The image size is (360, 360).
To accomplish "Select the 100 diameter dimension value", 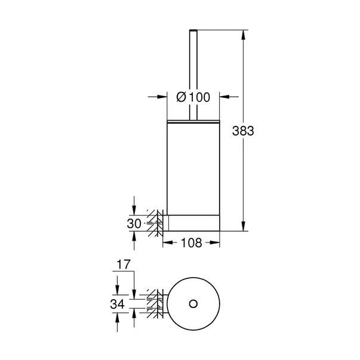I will tap(198, 96).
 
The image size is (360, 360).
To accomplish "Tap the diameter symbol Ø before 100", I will tap(183, 96).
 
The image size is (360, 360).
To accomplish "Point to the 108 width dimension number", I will tap(191, 242).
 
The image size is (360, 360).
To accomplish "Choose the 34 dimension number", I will tap(118, 304).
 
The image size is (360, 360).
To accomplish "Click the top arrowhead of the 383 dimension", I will tap(244, 32).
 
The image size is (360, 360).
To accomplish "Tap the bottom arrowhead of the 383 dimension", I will tap(244, 227).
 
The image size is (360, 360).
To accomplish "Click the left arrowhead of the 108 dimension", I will tap(167, 242).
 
